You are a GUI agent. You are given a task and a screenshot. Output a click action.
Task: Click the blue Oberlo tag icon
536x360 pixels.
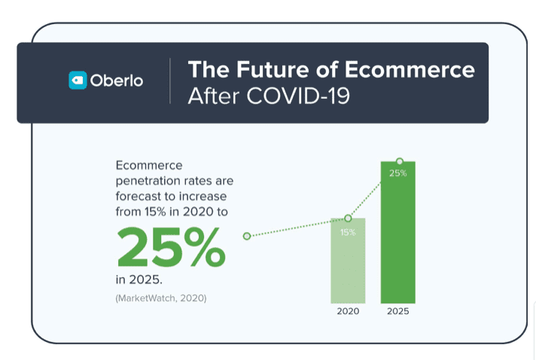(x=78, y=81)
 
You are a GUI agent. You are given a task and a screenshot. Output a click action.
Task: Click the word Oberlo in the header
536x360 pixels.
(x=117, y=81)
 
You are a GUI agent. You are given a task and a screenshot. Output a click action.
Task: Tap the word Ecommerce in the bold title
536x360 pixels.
(x=410, y=69)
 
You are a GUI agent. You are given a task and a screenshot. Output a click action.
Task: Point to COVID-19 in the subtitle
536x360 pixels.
(x=298, y=96)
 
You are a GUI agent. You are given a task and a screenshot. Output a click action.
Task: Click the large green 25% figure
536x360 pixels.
(x=171, y=247)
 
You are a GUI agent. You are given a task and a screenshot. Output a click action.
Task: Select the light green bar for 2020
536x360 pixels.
(x=348, y=261)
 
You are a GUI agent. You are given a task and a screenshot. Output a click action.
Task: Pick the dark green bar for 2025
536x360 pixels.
(x=398, y=232)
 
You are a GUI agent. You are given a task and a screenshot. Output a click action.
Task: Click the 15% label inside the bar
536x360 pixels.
(x=348, y=233)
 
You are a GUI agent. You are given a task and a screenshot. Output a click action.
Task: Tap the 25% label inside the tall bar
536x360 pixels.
(x=398, y=173)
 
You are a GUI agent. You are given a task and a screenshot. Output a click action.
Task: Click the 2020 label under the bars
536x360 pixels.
(x=348, y=311)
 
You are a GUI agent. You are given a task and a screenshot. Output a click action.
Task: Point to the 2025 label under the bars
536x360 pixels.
(x=398, y=311)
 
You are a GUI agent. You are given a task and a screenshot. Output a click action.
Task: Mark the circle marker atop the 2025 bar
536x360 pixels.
(x=399, y=161)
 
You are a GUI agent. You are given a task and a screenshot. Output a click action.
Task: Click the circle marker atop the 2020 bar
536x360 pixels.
(x=348, y=218)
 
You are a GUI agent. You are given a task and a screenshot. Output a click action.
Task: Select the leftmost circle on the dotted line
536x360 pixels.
(x=247, y=236)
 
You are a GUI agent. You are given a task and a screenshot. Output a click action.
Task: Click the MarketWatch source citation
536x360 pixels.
(x=161, y=298)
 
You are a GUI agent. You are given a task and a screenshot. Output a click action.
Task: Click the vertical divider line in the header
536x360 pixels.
(x=170, y=81)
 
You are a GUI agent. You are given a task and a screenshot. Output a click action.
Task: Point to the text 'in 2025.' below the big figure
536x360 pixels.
(x=139, y=279)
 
